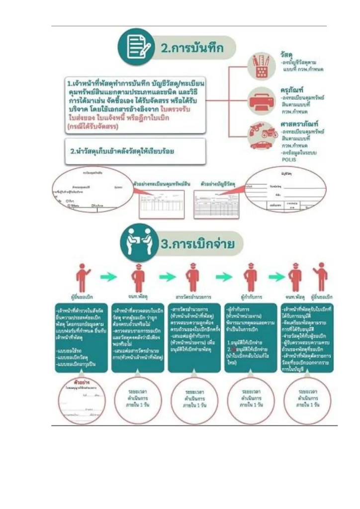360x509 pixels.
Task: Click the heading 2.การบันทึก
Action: [191, 49]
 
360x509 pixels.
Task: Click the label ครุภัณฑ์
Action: [291, 90]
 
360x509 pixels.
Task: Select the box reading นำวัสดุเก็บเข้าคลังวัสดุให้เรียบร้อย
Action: [135, 151]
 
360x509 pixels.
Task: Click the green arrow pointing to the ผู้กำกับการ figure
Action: [223, 276]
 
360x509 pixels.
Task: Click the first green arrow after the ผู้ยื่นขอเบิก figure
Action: [108, 276]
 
